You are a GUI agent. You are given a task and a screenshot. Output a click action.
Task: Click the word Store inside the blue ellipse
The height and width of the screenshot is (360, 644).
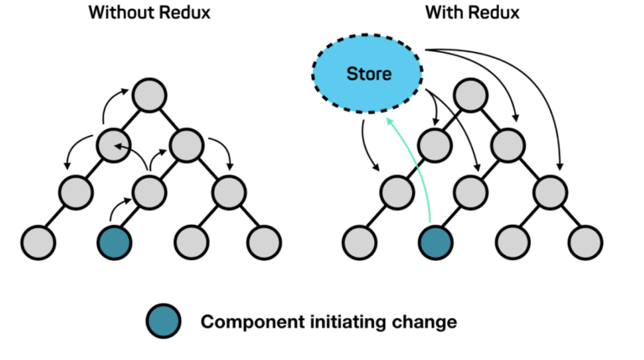(370, 74)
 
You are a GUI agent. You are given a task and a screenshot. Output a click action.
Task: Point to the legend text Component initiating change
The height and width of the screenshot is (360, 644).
(327, 321)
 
